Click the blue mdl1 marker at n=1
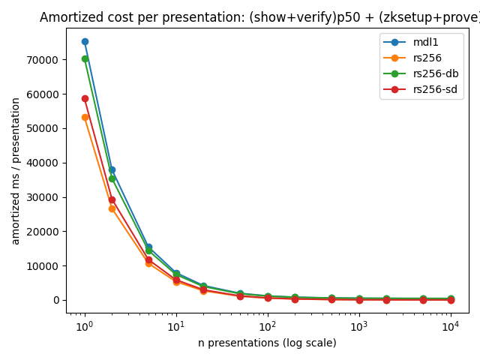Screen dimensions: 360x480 (85, 41)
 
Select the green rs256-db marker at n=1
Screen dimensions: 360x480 (85, 58)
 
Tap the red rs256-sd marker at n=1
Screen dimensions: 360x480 (85, 98)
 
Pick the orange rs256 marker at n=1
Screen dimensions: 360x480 (85, 117)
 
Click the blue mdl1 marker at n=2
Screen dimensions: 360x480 (112, 169)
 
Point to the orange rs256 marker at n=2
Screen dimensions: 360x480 (112, 208)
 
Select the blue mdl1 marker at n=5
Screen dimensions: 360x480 (148, 247)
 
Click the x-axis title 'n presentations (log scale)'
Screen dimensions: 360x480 (267, 343)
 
